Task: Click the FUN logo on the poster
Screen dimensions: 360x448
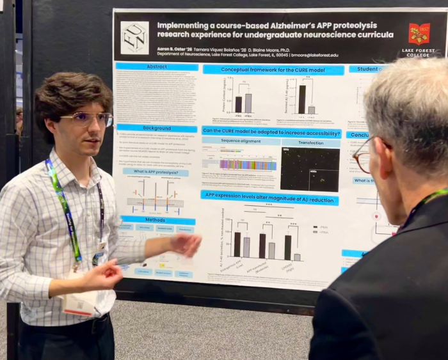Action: coord(134,38)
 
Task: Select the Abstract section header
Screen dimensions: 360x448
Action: coord(157,67)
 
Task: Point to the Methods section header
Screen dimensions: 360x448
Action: coord(156,219)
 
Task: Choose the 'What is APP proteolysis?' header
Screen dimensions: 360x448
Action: coord(156,171)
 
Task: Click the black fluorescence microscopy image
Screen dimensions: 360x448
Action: coord(310,169)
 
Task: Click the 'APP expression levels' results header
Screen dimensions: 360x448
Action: coord(269,197)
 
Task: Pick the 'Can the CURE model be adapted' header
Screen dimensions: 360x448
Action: coord(271,130)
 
